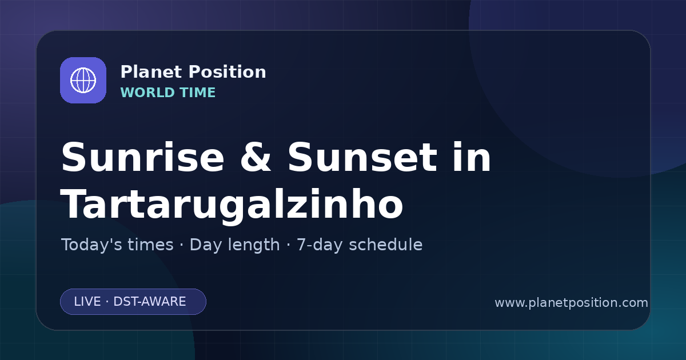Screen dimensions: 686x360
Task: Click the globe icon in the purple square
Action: pyautogui.click(x=83, y=80)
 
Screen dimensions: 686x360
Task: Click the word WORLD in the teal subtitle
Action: pyautogui.click(x=147, y=93)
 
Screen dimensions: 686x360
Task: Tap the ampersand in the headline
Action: pyautogui.click(x=256, y=157)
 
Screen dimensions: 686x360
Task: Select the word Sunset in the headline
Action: pyautogui.click(x=362, y=157)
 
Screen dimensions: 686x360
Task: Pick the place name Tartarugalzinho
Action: pyautogui.click(x=232, y=205)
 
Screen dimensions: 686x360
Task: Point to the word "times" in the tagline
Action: pyautogui.click(x=151, y=245)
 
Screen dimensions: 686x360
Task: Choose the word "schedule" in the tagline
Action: pyautogui.click(x=386, y=245)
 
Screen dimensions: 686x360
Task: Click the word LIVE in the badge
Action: pyautogui.click(x=87, y=302)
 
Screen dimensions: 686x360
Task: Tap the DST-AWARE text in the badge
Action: pyautogui.click(x=150, y=302)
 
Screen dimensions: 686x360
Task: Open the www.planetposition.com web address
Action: pyautogui.click(x=572, y=303)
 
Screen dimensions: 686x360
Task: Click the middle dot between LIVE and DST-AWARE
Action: pyautogui.click(x=107, y=302)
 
